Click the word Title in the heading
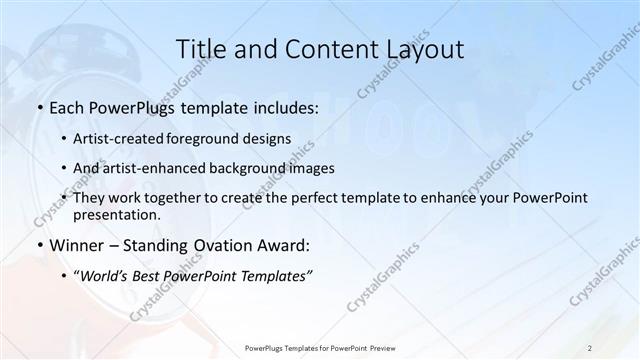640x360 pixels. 200,49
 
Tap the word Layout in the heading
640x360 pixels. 423,49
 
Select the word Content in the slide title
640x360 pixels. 320,49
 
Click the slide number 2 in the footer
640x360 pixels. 590,348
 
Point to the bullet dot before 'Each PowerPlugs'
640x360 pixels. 39,107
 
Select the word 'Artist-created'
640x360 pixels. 120,138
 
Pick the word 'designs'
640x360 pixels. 268,138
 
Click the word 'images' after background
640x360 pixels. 314,168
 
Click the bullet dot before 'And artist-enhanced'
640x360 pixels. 65,168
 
